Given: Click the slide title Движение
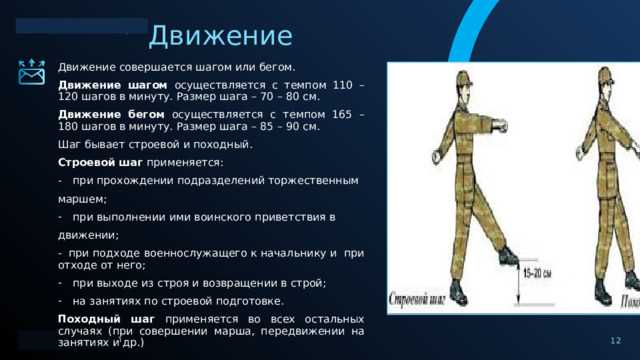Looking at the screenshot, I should tap(220, 36).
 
